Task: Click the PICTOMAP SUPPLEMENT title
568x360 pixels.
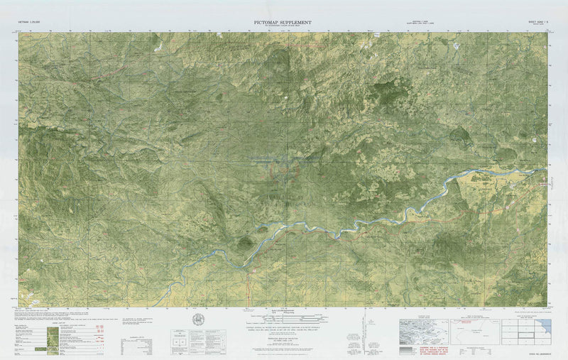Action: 282,23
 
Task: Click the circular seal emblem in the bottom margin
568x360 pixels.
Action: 199,320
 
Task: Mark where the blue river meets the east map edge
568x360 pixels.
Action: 546,168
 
